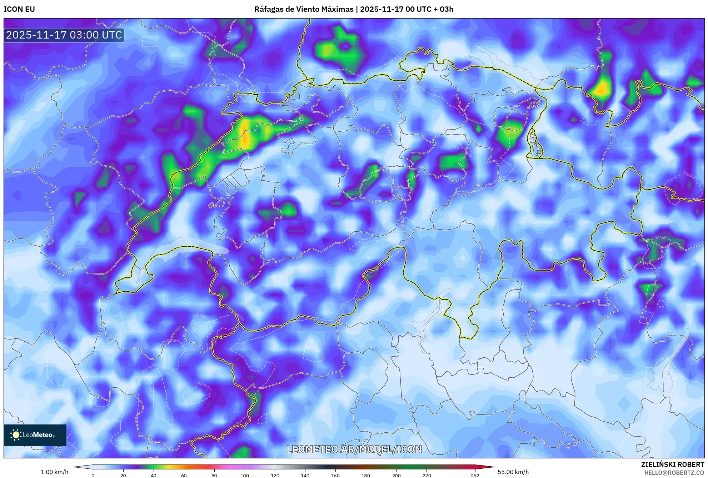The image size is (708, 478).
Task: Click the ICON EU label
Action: pyautogui.click(x=19, y=9)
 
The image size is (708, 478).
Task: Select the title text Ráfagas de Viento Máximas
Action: pyautogui.click(x=304, y=9)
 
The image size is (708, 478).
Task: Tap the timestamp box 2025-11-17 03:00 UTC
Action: pyautogui.click(x=64, y=35)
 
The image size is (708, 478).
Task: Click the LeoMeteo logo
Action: pyautogui.click(x=35, y=435)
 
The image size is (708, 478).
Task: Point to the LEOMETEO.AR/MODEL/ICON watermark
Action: pyautogui.click(x=354, y=449)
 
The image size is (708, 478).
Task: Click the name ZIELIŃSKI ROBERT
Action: pyautogui.click(x=672, y=464)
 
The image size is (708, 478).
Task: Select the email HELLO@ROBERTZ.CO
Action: pyautogui.click(x=674, y=473)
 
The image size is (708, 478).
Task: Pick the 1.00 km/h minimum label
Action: pyautogui.click(x=54, y=472)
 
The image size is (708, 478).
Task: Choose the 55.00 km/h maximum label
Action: pyautogui.click(x=513, y=472)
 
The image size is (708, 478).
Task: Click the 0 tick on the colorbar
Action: pyautogui.click(x=93, y=475)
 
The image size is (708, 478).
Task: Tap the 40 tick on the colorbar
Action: pyautogui.click(x=154, y=475)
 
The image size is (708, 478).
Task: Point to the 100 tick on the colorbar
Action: pyautogui.click(x=245, y=475)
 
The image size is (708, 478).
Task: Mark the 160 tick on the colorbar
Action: pyautogui.click(x=335, y=475)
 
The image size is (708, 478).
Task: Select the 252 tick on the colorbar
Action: pyautogui.click(x=475, y=475)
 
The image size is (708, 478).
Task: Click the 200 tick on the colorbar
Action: pyautogui.click(x=396, y=475)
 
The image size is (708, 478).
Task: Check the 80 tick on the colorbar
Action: pyautogui.click(x=214, y=475)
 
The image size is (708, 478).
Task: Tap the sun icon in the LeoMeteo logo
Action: pyautogui.click(x=16, y=435)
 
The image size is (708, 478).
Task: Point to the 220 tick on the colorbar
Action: pyautogui.click(x=427, y=475)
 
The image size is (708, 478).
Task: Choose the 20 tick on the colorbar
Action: pyautogui.click(x=123, y=475)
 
